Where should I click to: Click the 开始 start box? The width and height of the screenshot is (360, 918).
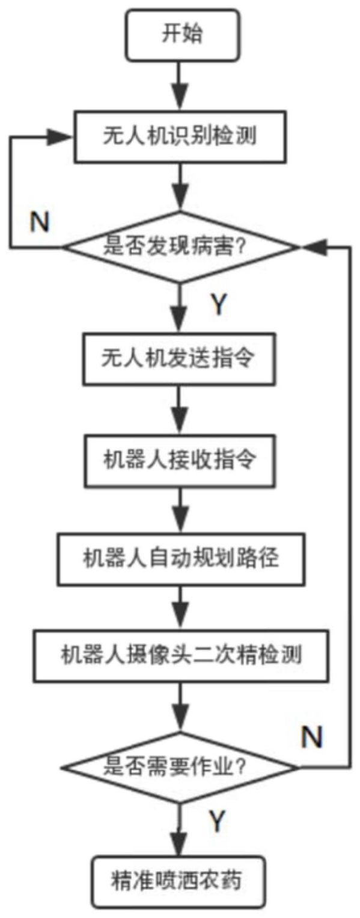(x=182, y=35)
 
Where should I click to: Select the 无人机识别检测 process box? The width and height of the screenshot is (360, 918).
(x=180, y=136)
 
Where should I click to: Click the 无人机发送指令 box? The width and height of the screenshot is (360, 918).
(x=179, y=359)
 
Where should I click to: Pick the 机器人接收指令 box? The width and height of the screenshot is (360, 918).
(x=180, y=461)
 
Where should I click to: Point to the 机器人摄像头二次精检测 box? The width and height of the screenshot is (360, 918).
(x=181, y=656)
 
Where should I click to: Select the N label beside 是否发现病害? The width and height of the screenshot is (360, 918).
(x=40, y=222)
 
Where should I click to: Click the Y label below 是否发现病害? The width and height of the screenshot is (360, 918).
(x=219, y=305)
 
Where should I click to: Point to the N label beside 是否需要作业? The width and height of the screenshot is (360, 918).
(x=312, y=736)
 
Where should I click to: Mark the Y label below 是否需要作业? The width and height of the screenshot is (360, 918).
(x=218, y=821)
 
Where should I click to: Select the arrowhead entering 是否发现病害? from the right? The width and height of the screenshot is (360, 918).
(x=314, y=247)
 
